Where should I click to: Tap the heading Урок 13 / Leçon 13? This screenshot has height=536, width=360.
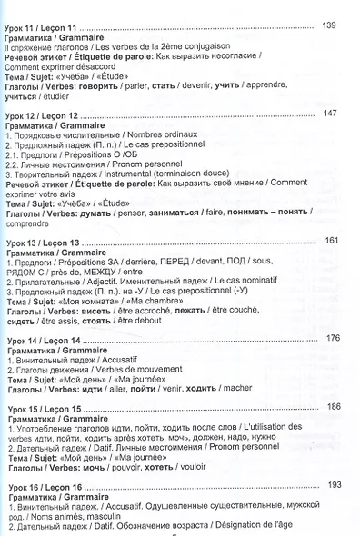(x=47, y=243)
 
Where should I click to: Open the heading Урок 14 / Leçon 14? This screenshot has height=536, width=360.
(x=47, y=340)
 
